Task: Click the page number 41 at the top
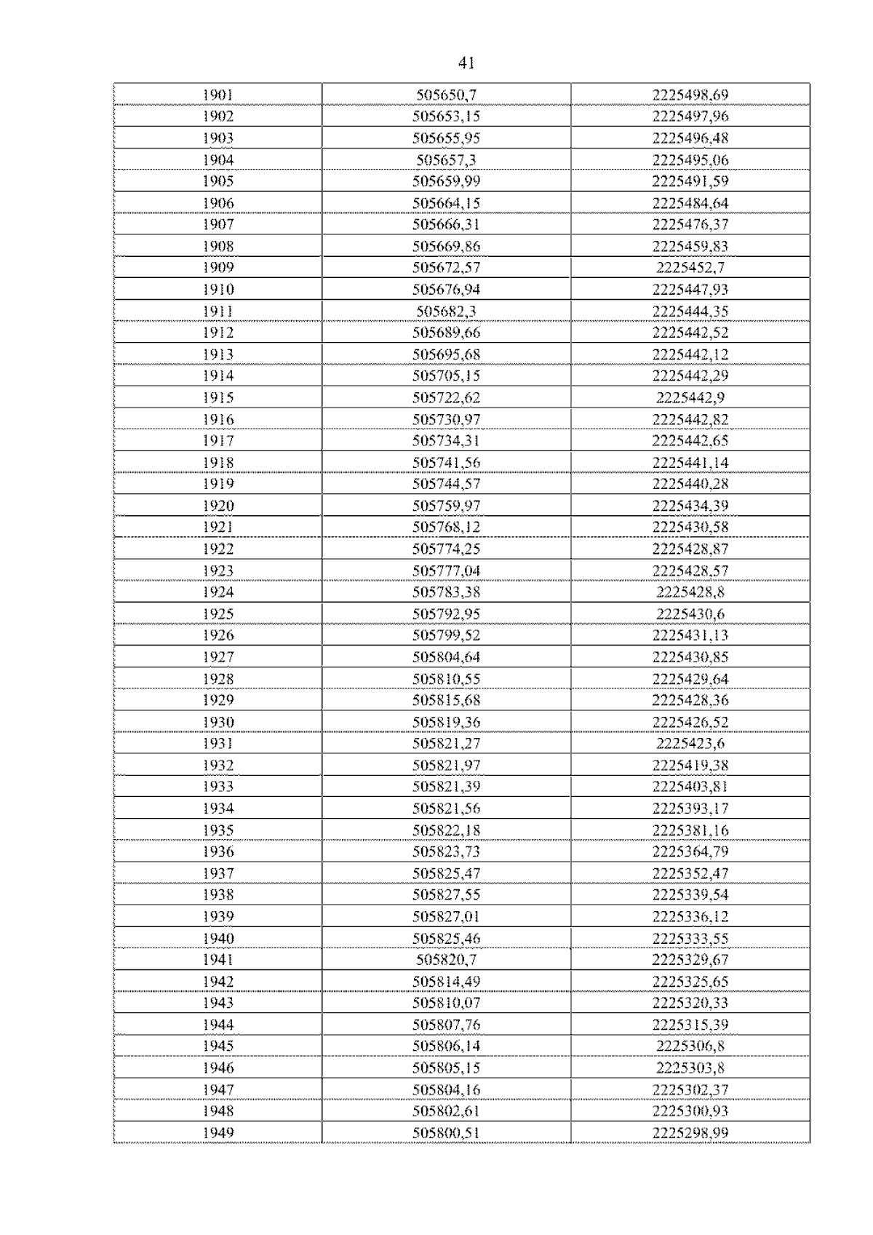[x=466, y=63]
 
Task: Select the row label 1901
[x=218, y=95]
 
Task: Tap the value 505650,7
[x=446, y=95]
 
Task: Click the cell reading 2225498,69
[x=690, y=95]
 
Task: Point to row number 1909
[x=218, y=267]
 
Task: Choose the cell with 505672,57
[x=446, y=267]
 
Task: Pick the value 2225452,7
[x=690, y=267]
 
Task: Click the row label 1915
[x=218, y=397]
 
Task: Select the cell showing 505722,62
[x=446, y=397]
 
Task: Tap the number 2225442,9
[x=690, y=397]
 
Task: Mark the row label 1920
[x=218, y=506]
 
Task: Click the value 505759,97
[x=446, y=506]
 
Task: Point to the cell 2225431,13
[x=690, y=635]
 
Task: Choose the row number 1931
[x=218, y=743]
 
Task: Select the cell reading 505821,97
[x=446, y=765]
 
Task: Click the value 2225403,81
[x=690, y=786]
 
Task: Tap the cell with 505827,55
[x=446, y=894]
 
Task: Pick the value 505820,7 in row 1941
[x=446, y=959]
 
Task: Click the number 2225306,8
[x=690, y=1046]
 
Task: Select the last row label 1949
[x=218, y=1132]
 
